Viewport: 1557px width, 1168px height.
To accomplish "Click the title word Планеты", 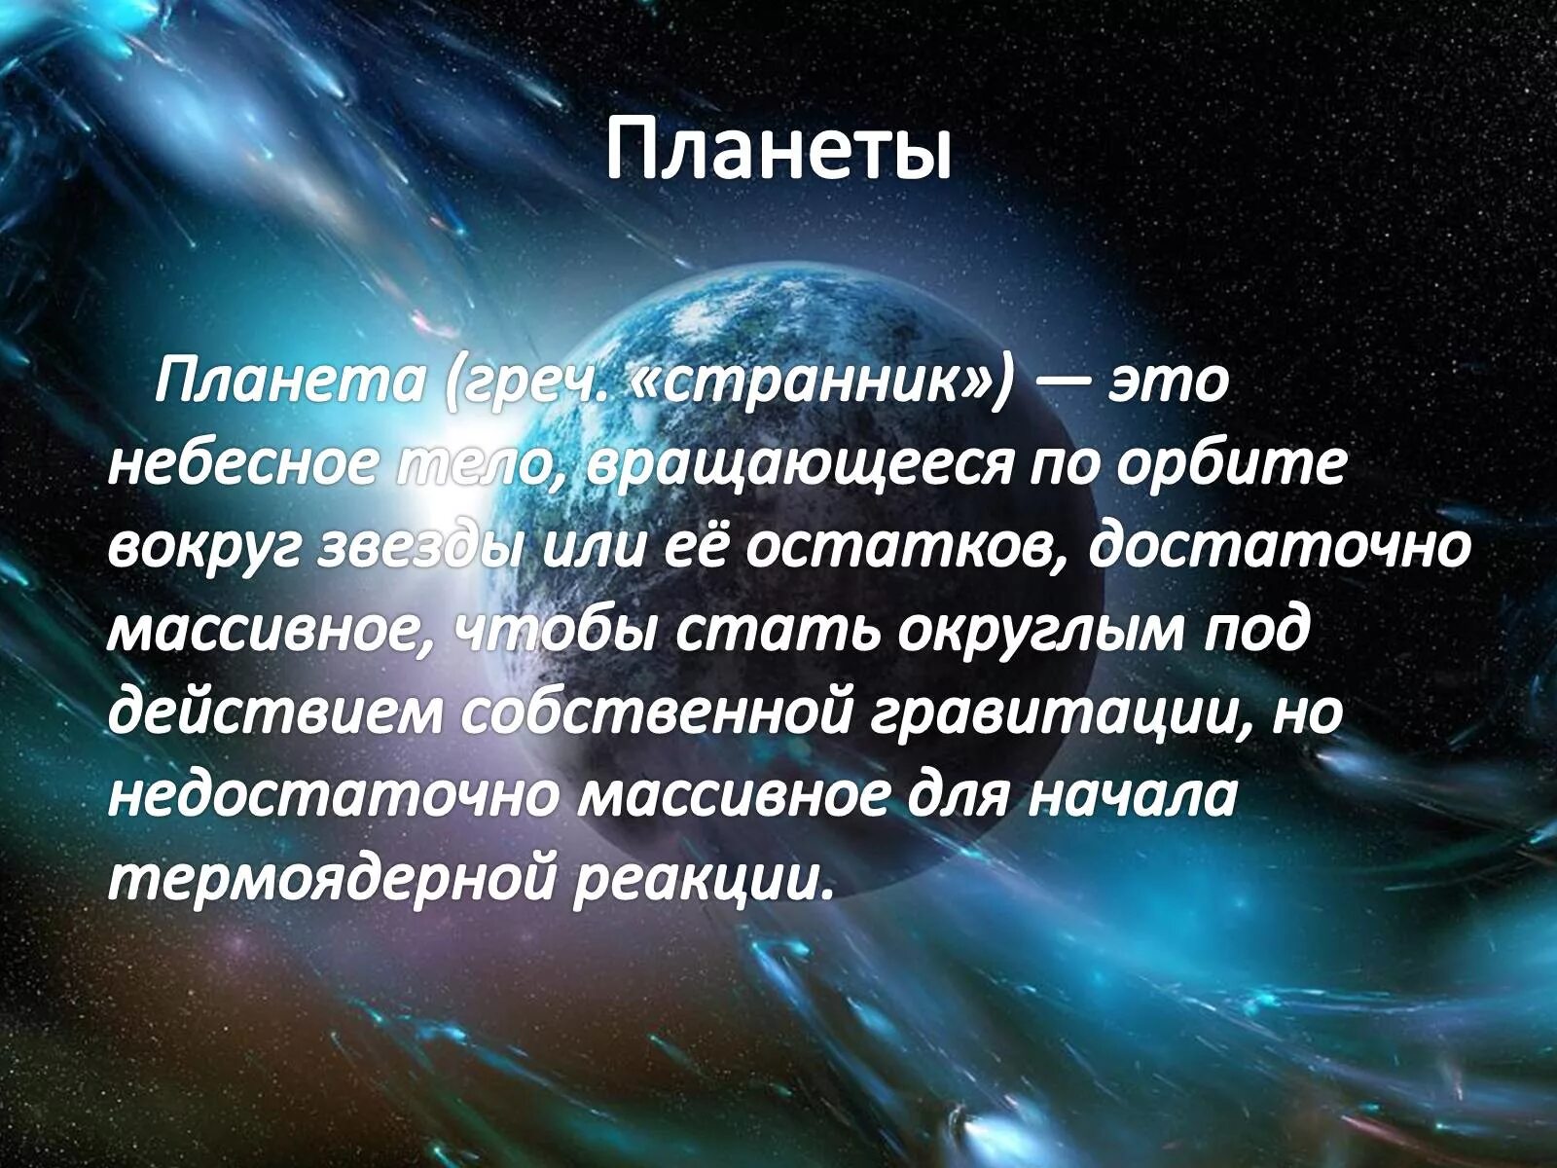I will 778,152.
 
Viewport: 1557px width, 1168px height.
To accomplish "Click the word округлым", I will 1041,631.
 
